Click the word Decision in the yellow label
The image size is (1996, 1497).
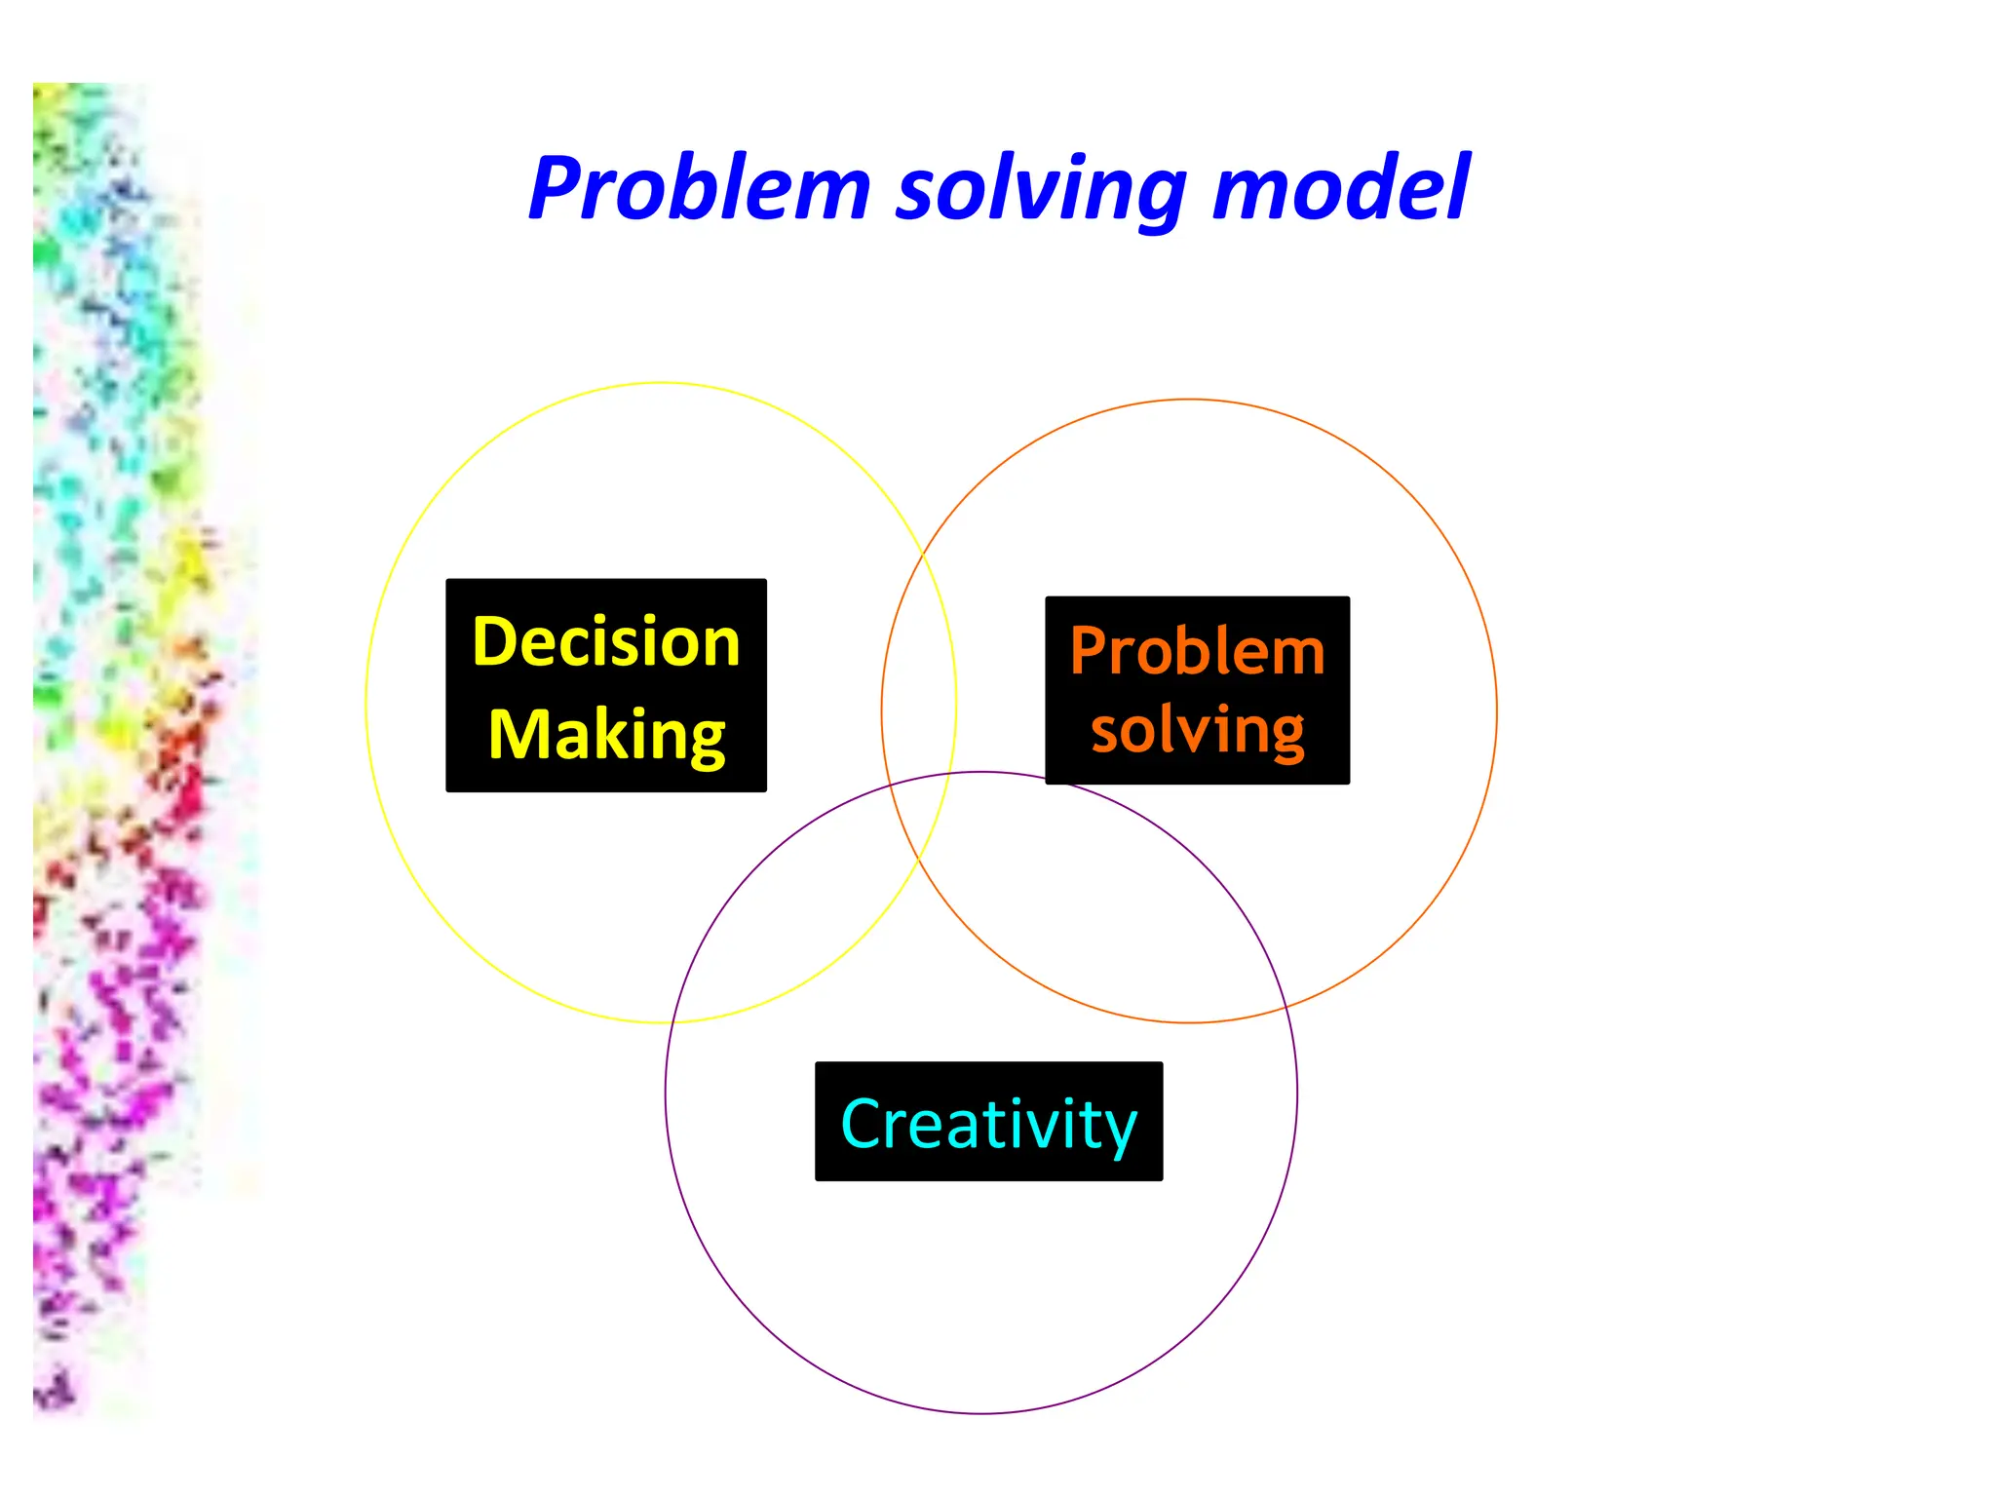click(x=605, y=642)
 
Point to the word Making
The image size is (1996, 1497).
click(x=606, y=736)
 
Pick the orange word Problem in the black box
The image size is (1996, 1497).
click(x=1197, y=651)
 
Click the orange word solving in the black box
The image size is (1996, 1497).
click(x=1197, y=731)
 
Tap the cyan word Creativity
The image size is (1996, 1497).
click(x=988, y=1124)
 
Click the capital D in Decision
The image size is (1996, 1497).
click(x=493, y=642)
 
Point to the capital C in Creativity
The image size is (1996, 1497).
click(x=862, y=1124)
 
